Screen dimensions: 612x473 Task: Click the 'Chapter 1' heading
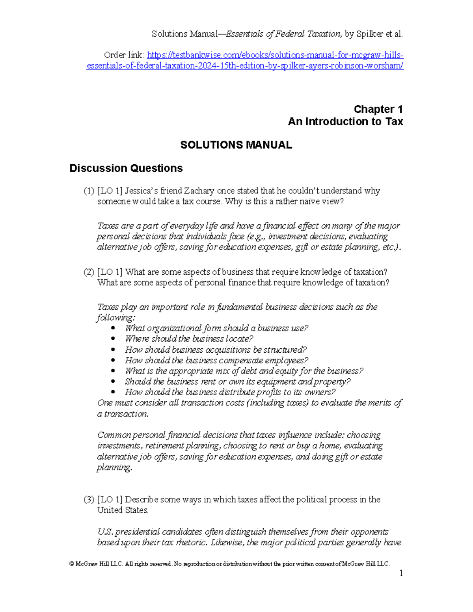coord(378,109)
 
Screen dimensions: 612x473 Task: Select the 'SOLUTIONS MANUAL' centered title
coord(236,145)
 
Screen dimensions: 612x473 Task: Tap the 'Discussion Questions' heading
coord(126,168)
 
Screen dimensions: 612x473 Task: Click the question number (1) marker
coord(89,191)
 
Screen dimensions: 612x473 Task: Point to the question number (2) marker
coord(89,272)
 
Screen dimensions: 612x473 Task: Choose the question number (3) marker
coord(89,500)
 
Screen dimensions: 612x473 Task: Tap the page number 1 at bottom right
coord(401,573)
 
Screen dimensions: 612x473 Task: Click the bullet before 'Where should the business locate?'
coord(114,339)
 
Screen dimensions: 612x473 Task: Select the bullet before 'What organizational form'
coord(114,328)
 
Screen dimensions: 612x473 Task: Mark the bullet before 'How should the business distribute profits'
coord(114,392)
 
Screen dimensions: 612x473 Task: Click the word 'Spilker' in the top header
coord(370,34)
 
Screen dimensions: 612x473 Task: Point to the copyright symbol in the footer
coord(72,564)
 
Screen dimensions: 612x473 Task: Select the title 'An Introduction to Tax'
coord(345,121)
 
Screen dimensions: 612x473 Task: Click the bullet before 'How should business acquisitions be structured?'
coord(114,350)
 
